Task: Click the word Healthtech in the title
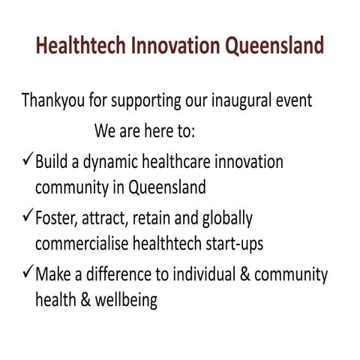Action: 80,46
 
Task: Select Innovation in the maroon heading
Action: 174,46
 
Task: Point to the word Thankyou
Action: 55,100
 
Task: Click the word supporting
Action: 151,101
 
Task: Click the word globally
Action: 226,219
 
